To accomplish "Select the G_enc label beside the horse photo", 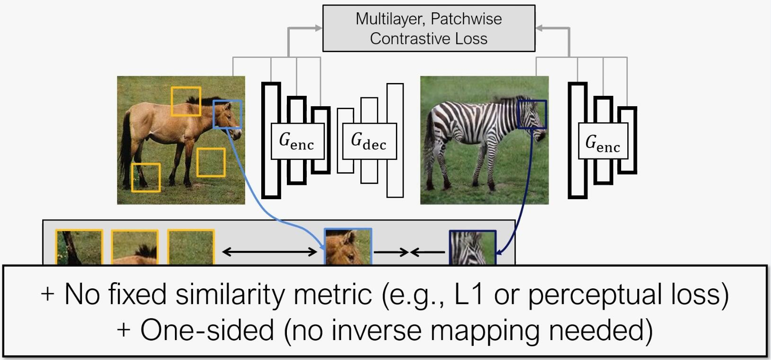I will click(x=297, y=141).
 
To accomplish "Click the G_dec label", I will click(x=369, y=141).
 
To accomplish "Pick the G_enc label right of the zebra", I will click(x=603, y=142).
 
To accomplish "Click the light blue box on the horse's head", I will click(x=228, y=114).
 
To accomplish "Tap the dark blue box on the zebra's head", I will click(x=532, y=114).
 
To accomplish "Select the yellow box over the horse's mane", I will click(x=186, y=101).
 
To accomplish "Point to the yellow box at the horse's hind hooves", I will click(x=146, y=177).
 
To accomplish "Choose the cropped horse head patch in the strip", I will click(x=348, y=247).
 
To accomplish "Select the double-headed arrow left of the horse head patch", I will click(x=269, y=252).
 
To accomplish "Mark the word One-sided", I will click(x=207, y=330).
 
